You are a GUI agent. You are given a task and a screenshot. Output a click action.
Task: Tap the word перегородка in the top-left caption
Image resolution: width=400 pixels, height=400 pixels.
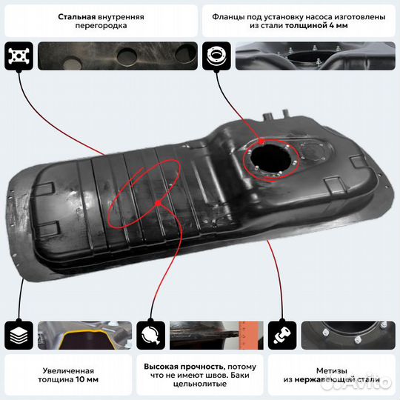[101, 25]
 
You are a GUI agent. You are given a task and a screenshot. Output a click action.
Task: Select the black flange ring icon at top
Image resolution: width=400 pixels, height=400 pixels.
[219, 56]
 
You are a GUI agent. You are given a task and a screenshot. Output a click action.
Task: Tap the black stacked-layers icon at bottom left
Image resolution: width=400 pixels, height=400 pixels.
[18, 336]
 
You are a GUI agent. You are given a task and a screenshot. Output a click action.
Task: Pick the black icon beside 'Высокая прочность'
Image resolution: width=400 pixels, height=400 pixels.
[151, 336]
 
